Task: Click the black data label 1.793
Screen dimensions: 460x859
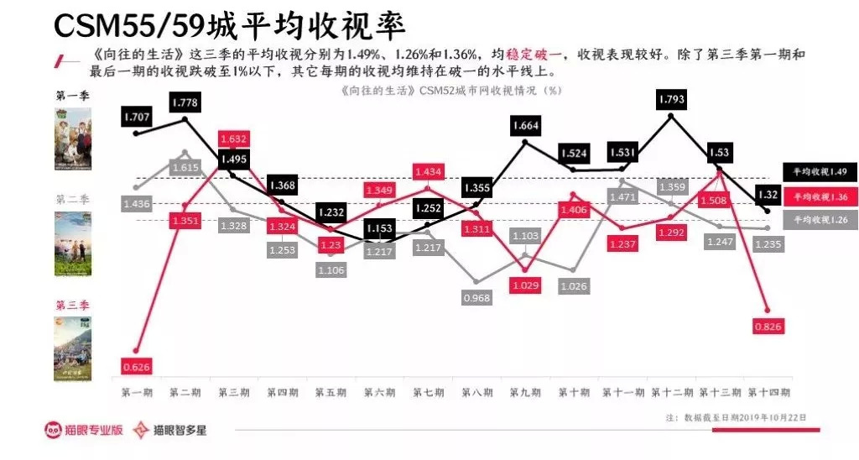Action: click(672, 99)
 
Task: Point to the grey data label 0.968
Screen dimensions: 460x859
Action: click(476, 297)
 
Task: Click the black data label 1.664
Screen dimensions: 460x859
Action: click(526, 126)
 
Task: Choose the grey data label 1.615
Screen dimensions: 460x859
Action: click(185, 168)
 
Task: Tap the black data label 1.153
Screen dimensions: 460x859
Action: click(380, 228)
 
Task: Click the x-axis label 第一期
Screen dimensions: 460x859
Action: click(137, 392)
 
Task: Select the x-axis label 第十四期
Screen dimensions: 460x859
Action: click(767, 392)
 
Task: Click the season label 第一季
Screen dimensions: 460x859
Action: click(72, 95)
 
